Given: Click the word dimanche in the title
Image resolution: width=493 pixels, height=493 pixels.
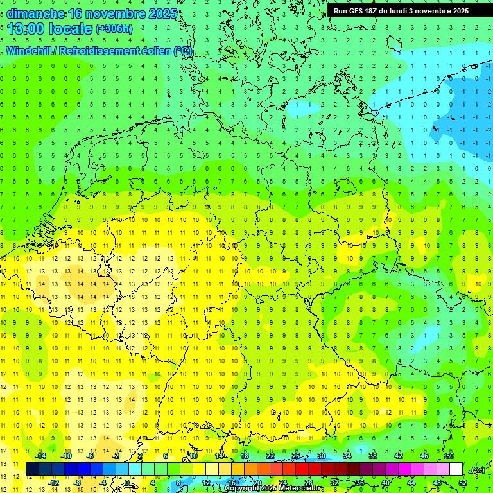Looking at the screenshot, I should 35,13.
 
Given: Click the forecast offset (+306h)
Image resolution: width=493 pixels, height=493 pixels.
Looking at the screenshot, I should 114,29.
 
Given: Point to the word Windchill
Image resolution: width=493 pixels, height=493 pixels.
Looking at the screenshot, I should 30,51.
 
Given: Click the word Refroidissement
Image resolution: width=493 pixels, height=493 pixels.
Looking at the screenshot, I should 98,51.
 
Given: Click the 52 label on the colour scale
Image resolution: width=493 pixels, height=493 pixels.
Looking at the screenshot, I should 463,482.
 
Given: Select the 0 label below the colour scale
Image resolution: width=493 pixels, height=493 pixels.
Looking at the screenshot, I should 127,482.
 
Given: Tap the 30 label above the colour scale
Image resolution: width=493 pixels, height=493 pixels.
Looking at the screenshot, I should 321,456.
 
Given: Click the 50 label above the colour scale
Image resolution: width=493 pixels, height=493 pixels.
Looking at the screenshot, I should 449,456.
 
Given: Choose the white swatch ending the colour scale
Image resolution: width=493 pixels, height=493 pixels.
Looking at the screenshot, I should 456,469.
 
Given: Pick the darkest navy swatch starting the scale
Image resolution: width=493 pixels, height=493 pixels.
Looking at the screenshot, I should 32,469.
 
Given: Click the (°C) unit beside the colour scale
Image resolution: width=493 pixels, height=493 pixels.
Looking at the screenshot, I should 477,470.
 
